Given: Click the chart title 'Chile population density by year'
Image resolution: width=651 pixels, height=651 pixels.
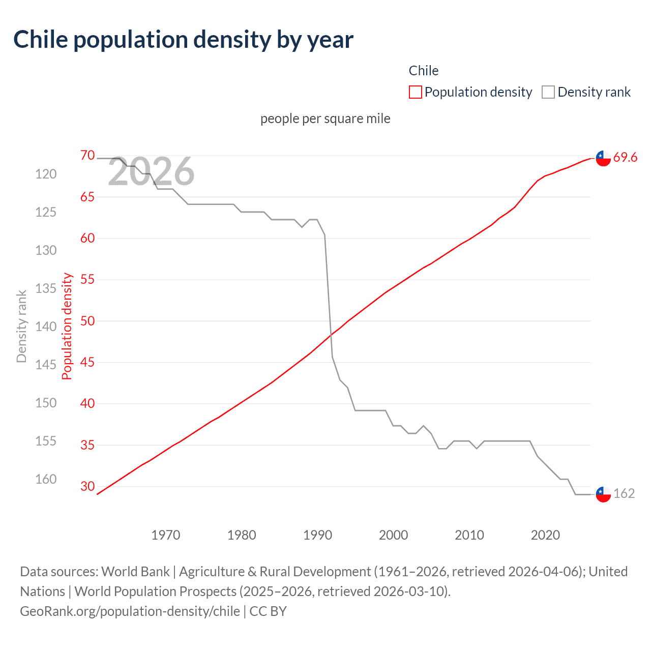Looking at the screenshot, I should (x=183, y=40).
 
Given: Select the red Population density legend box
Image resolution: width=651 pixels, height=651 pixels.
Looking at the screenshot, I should (x=416, y=92).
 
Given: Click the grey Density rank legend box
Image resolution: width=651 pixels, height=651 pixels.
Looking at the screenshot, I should (x=548, y=92).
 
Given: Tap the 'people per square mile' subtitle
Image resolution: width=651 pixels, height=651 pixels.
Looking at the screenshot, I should (x=325, y=119).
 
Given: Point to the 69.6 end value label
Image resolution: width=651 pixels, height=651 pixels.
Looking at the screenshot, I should (x=625, y=157).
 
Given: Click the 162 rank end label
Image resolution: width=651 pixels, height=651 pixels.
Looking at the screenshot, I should (x=624, y=493).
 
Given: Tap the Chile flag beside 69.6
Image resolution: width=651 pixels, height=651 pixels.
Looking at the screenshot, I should (x=603, y=158).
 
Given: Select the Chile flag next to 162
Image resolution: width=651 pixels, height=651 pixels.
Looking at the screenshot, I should (x=603, y=494).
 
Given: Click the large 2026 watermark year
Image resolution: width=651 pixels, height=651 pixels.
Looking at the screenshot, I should (x=151, y=171).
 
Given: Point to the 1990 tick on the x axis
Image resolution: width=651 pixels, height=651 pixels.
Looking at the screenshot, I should (x=317, y=535).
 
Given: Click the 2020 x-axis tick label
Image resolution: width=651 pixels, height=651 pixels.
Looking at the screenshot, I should (x=545, y=535).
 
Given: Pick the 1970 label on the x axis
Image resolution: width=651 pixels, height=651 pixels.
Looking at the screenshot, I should (x=166, y=535).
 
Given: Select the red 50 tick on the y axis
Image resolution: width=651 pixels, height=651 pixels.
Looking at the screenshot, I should (x=87, y=321).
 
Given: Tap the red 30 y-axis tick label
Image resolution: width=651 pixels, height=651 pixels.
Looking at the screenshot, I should (x=87, y=486).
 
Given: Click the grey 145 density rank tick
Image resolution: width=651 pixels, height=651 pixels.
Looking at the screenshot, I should (x=46, y=365).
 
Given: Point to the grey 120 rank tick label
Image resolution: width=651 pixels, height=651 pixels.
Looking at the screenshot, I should (x=46, y=174).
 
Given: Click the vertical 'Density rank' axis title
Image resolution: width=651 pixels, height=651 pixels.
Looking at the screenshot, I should (x=21, y=326).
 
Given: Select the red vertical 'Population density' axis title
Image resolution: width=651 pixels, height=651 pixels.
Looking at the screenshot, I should (x=67, y=326).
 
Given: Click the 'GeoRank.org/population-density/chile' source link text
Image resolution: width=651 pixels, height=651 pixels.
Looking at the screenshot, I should (x=130, y=611).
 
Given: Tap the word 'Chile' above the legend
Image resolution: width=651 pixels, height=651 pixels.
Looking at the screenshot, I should (x=423, y=71).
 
